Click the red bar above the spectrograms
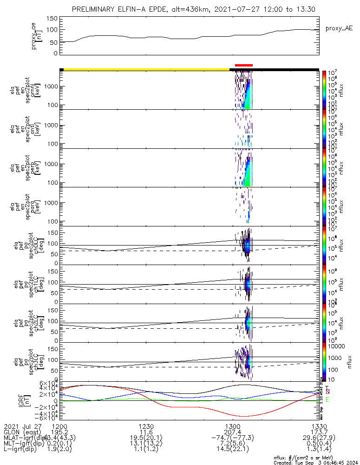coord(244,65)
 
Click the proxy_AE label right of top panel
coord(339,28)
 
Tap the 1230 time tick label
coord(146,426)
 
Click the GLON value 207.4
coord(236,432)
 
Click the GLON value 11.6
coord(146,432)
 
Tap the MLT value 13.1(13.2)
coord(146,444)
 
